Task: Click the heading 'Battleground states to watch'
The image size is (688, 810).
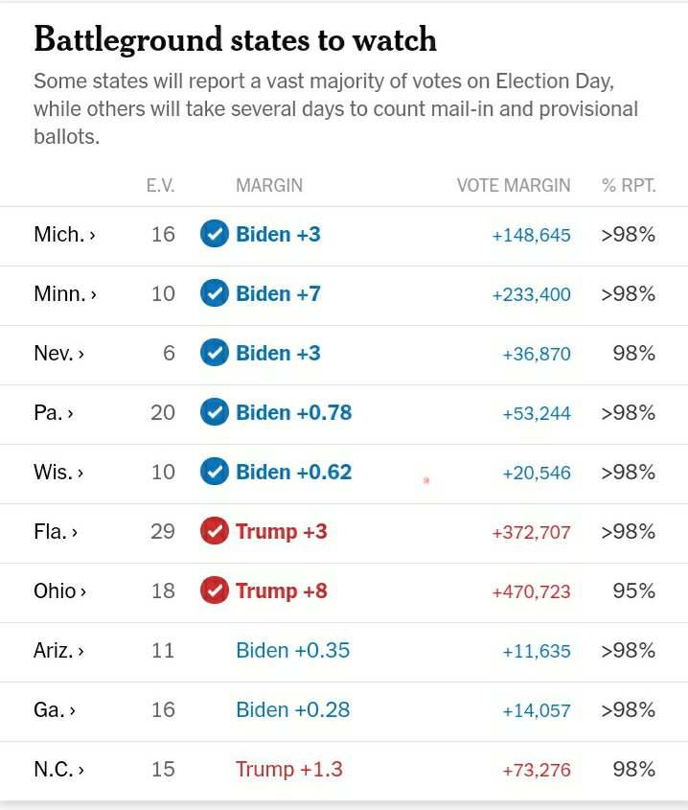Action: point(235,39)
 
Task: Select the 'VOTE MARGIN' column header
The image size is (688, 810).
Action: point(513,186)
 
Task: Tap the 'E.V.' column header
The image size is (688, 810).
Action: point(160,186)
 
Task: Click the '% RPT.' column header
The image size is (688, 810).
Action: point(629,186)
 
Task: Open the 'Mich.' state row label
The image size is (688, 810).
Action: point(64,234)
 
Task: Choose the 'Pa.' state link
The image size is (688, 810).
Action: point(54,412)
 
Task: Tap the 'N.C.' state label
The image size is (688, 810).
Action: point(58,769)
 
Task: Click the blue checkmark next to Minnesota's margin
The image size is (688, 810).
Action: point(215,293)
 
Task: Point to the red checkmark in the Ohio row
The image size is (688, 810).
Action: point(215,590)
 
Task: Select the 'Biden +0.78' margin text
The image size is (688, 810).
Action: point(293,412)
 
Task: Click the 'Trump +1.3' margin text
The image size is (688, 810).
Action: point(288,769)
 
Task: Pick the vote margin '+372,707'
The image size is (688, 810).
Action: point(531,532)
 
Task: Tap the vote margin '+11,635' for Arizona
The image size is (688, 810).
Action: point(536,651)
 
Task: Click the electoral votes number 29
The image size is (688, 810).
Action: point(163,531)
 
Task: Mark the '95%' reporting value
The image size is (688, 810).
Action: point(634,590)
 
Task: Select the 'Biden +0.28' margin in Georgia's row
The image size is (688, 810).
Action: point(292,709)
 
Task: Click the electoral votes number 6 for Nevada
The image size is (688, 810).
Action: point(169,353)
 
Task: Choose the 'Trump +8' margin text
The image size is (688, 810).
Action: point(281,590)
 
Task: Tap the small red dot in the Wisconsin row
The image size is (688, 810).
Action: point(426,480)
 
